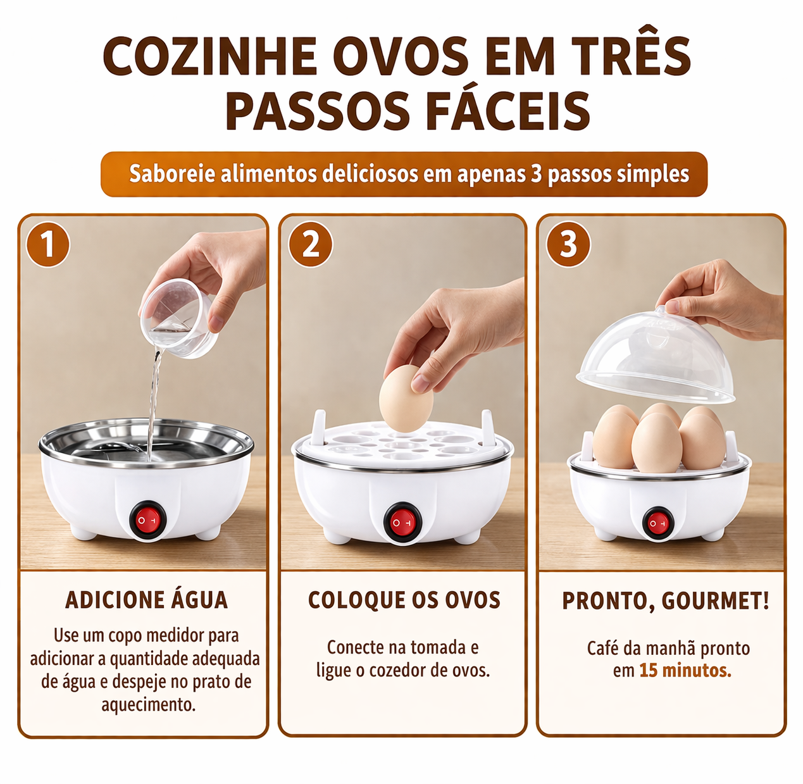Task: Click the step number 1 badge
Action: (x=48, y=245)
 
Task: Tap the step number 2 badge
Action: (x=310, y=245)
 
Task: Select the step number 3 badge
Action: (x=568, y=245)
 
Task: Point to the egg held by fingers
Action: (x=405, y=401)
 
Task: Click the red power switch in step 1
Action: (x=147, y=520)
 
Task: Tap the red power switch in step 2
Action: (x=403, y=522)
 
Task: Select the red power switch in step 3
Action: (x=657, y=523)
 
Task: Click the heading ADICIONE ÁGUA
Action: (x=146, y=600)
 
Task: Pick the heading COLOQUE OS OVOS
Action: (x=404, y=600)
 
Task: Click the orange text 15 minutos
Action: (x=685, y=670)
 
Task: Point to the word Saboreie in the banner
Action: (x=172, y=173)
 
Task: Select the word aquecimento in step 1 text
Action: (x=148, y=704)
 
